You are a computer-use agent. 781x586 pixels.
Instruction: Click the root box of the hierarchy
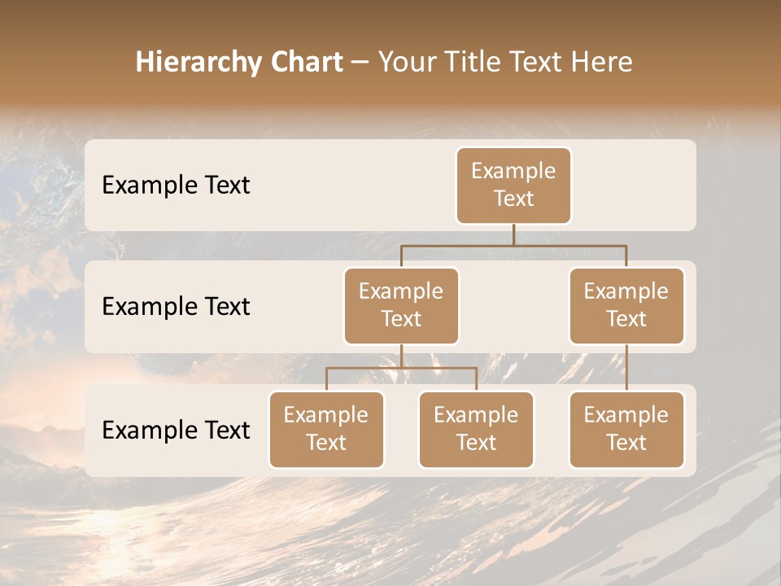click(x=513, y=186)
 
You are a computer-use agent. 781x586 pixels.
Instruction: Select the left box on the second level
click(x=401, y=306)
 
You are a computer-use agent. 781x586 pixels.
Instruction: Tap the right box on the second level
click(x=626, y=306)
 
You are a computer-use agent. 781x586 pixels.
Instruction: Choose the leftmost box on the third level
click(x=326, y=430)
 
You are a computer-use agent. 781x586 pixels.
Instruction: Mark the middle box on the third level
click(x=476, y=430)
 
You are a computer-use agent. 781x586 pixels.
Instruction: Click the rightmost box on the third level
click(x=626, y=430)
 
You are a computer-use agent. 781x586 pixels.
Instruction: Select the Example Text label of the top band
click(x=176, y=186)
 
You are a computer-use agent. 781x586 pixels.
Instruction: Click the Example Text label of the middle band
click(x=176, y=307)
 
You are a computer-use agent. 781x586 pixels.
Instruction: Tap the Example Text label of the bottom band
click(x=176, y=431)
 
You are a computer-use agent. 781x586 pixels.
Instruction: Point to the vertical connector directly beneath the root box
click(x=513, y=234)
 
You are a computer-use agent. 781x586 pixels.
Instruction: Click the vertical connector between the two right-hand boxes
click(x=626, y=368)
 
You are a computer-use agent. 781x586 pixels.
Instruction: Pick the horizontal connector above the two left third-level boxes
click(x=366, y=368)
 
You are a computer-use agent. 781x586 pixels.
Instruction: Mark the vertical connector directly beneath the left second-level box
click(x=401, y=356)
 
